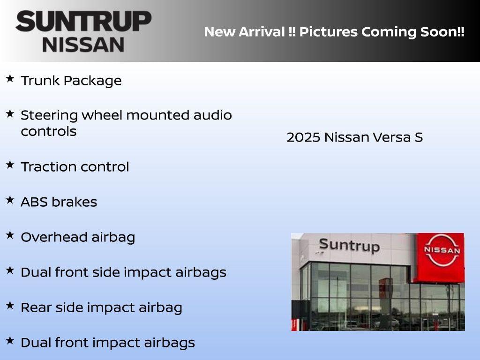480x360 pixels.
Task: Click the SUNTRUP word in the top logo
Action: [x=83, y=21]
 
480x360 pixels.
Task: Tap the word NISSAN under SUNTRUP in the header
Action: [x=83, y=44]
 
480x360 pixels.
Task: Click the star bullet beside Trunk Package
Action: [x=10, y=78]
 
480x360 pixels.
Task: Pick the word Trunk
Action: [x=40, y=81]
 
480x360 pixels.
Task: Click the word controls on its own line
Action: [x=48, y=131]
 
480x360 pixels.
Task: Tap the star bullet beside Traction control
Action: [x=10, y=165]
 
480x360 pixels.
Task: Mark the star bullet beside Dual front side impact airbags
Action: [x=10, y=270]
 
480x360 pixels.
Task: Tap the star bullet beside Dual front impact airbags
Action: [x=10, y=340]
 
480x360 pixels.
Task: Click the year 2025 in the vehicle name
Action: [x=303, y=137]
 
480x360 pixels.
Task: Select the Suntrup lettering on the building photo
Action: [x=349, y=245]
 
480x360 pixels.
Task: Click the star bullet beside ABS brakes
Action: [x=10, y=200]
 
